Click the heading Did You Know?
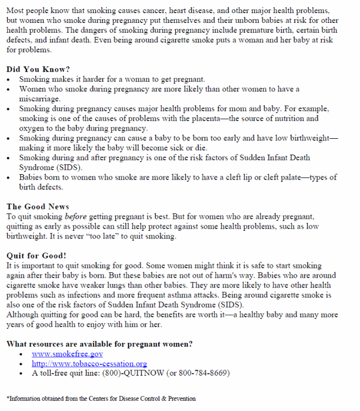tap(38, 70)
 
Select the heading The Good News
tap(38, 207)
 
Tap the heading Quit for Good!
tap(36, 255)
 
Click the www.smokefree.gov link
tap(67, 354)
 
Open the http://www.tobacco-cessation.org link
tap(89, 364)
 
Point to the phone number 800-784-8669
tap(202, 373)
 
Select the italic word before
tap(76, 217)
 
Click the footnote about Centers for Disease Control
tap(101, 398)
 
